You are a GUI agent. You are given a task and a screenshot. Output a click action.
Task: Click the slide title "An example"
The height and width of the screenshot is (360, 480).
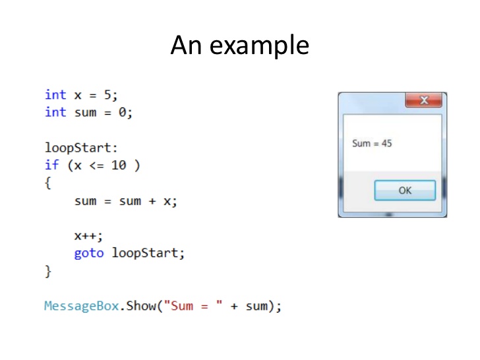239,45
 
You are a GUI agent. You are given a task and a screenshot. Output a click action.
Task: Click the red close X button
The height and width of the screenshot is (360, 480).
423,101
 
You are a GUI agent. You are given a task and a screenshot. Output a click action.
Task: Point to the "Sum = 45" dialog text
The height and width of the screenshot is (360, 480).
372,143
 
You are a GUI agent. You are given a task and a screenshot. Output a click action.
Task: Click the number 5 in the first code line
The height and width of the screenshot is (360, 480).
107,95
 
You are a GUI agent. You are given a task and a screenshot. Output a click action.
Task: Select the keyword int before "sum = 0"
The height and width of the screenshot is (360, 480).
55,112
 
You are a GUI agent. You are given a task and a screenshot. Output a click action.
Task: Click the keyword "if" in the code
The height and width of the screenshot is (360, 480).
51,165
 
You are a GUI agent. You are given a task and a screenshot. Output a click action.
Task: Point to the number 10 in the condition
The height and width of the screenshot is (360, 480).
119,165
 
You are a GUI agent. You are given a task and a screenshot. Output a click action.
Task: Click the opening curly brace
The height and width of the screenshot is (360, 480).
47,183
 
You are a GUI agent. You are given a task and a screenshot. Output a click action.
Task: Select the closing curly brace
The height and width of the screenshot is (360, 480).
47,270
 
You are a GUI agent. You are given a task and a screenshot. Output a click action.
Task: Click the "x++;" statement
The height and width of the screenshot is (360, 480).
89,235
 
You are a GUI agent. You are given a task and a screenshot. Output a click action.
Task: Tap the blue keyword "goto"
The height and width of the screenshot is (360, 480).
89,253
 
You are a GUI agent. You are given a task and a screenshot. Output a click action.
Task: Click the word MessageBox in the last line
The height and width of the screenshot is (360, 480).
81,306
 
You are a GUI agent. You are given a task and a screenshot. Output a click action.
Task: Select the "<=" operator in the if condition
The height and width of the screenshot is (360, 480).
96,165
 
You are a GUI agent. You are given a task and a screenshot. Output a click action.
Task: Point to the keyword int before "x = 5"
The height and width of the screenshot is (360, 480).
55,95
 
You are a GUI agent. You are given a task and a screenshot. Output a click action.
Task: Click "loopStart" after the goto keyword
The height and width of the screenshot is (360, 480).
145,253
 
